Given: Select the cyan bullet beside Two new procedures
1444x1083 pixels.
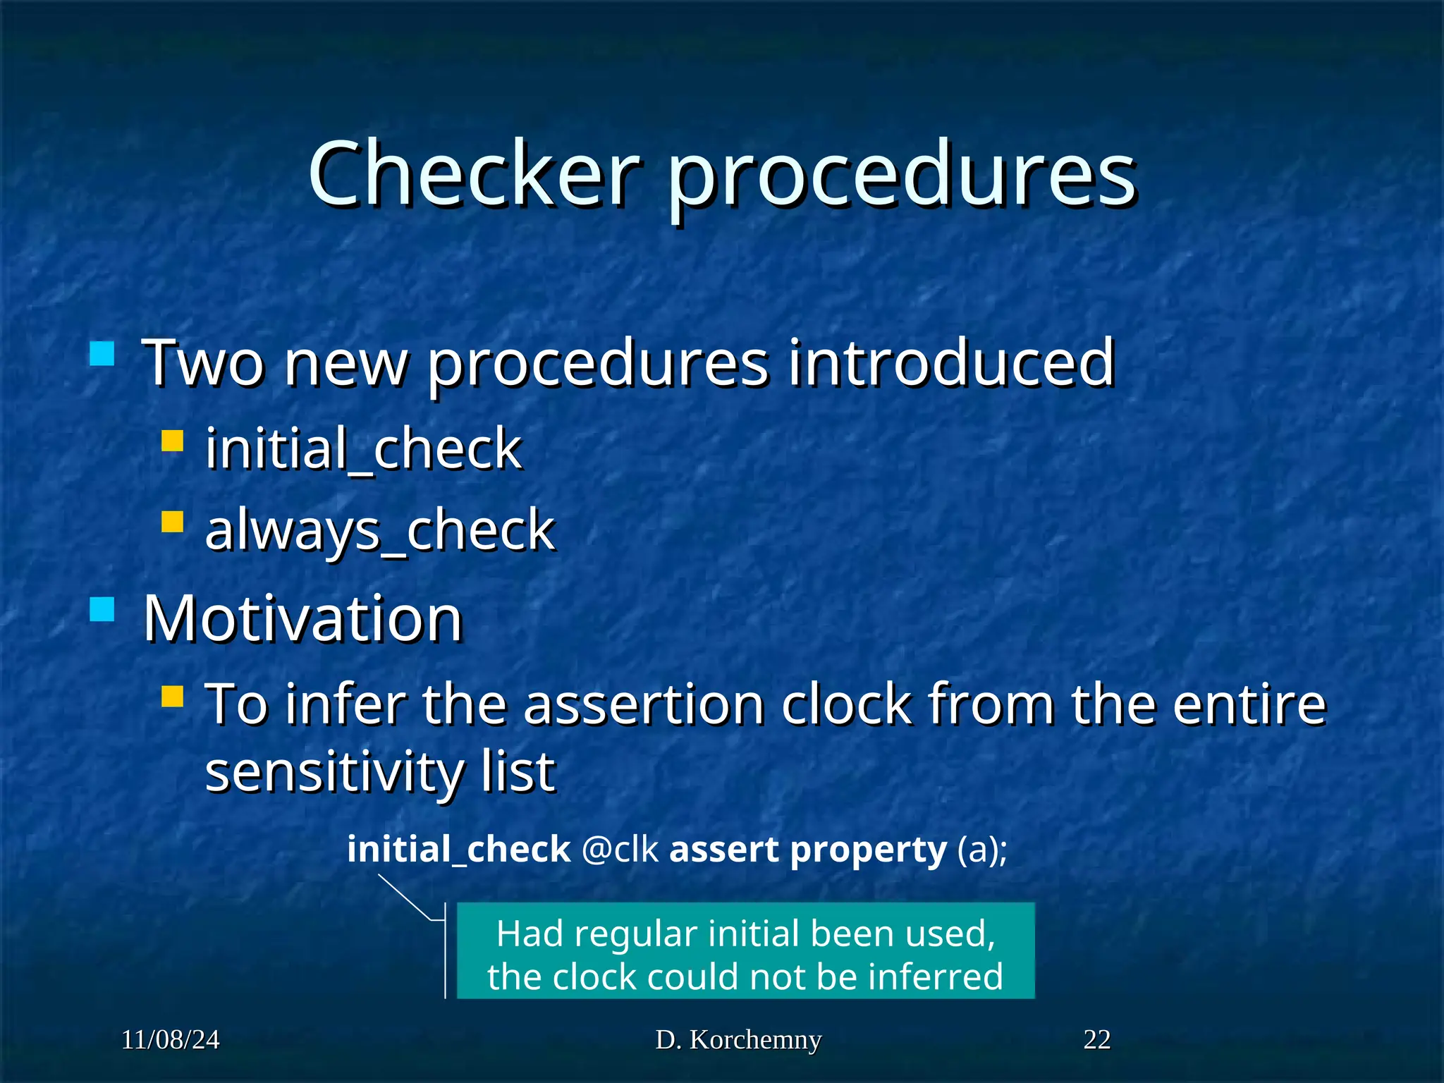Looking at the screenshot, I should pos(102,353).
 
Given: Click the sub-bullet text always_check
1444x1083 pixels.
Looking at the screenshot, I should pos(379,530).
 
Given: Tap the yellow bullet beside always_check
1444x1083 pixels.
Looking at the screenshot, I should pos(172,522).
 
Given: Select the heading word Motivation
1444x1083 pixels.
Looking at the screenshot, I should pos(302,618).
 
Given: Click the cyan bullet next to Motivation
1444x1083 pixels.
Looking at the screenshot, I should pos(102,609).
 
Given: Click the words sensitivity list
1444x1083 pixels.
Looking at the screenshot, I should pos(379,771).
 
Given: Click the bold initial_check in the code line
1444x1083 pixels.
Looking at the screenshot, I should pos(458,849).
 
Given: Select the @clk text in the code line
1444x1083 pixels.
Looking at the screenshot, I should pos(620,849).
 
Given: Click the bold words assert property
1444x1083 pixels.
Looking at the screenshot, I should pos(807,849).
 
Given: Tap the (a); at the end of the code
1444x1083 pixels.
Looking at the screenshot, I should pos(981,849).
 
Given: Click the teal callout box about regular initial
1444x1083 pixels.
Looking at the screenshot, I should pos(745,950).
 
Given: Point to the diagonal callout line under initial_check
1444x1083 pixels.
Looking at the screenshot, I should pos(405,897).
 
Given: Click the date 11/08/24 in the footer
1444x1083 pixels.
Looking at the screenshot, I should pos(170,1040).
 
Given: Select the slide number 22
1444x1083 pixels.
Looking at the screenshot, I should pos(1096,1040).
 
